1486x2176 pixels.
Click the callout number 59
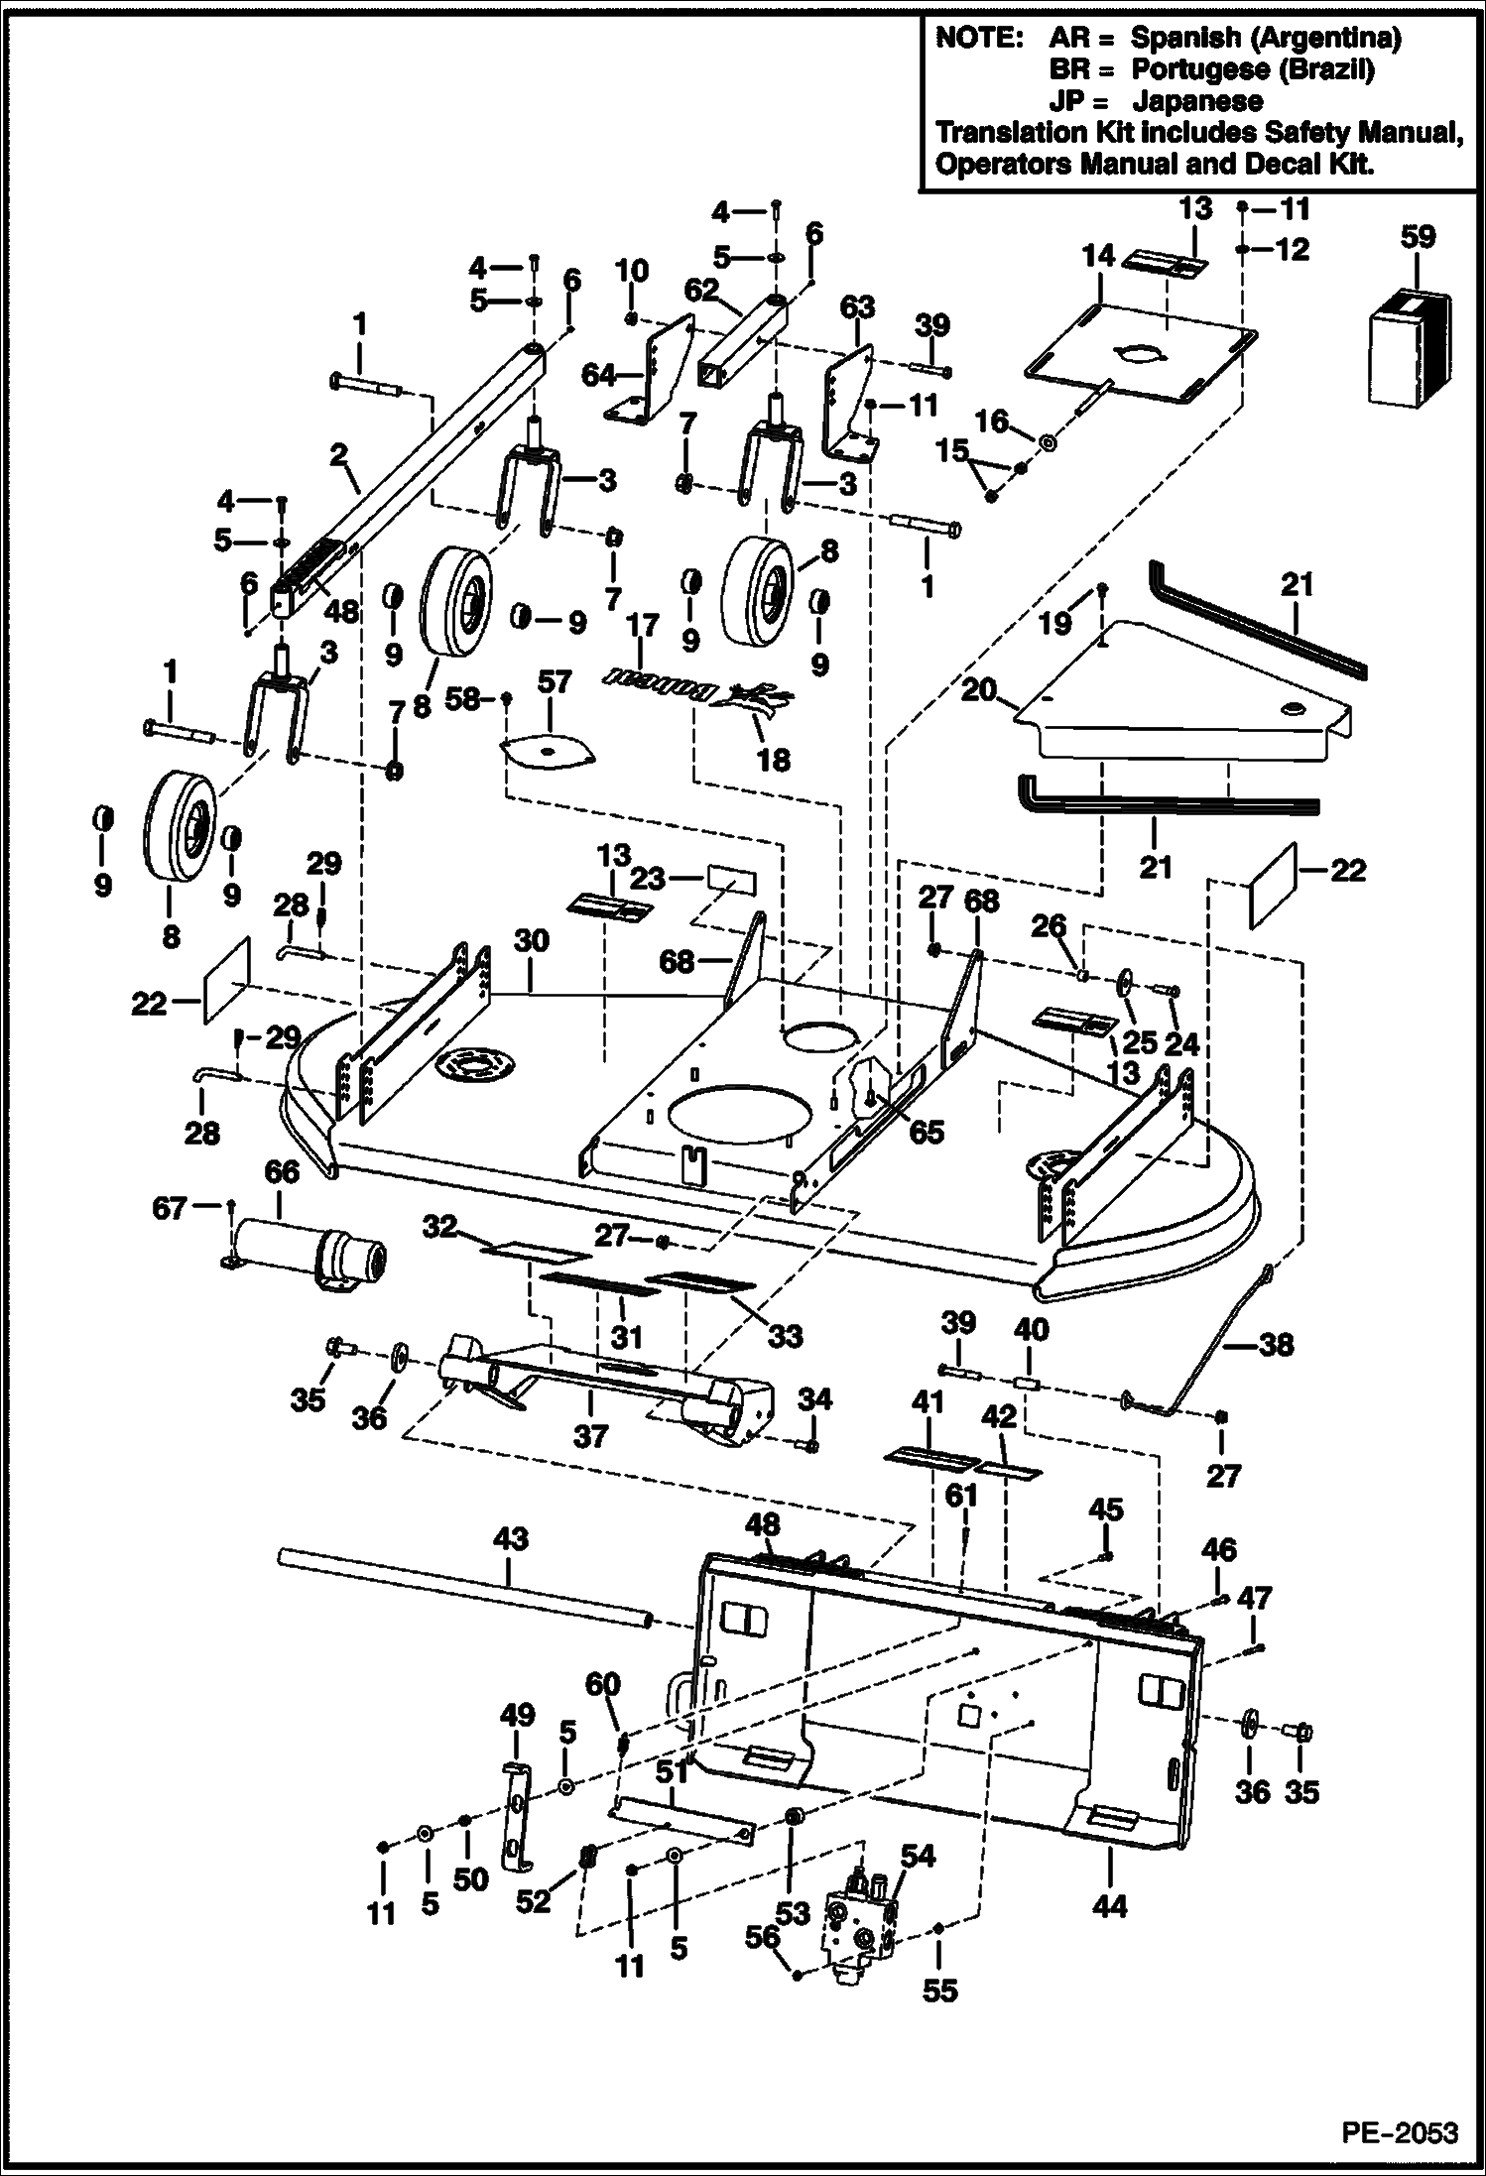[x=1417, y=237]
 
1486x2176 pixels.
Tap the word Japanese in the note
[x=1197, y=101]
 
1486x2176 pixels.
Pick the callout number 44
[x=1108, y=1906]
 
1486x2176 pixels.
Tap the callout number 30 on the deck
[x=532, y=939]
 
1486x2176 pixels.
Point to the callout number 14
[x=1098, y=257]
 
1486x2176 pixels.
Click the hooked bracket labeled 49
[x=515, y=1814]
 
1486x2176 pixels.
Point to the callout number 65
[x=927, y=1131]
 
